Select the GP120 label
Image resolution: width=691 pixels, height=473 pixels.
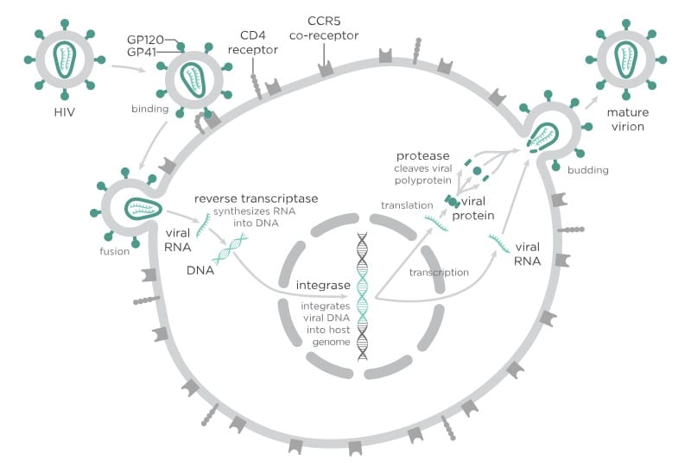point(144,40)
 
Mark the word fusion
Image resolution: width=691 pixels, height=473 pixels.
point(112,252)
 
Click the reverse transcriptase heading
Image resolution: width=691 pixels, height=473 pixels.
point(256,199)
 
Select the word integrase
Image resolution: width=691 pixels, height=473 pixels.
point(323,284)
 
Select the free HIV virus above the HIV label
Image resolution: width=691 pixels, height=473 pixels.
point(65,60)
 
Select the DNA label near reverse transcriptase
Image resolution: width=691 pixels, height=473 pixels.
point(200,270)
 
